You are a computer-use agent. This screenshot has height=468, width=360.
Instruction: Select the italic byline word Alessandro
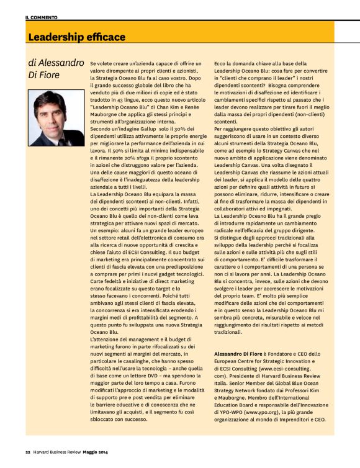60,63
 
